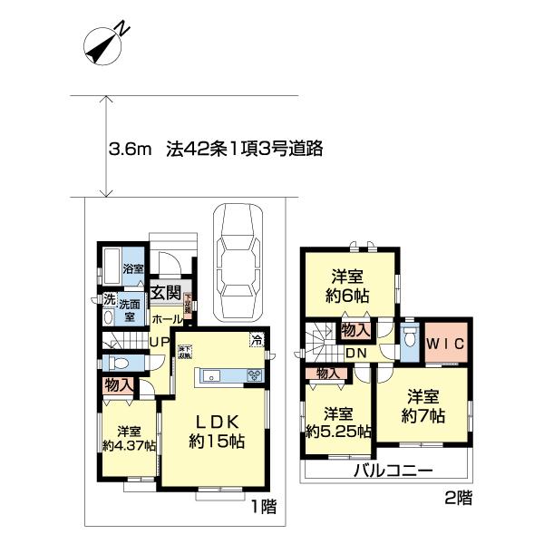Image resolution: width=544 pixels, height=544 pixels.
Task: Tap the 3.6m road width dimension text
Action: (x=128, y=148)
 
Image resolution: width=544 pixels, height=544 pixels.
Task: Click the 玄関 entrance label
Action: (x=164, y=292)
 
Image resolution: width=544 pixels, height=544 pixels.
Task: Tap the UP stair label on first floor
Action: (x=159, y=342)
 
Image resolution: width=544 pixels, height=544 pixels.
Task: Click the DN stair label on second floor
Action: (x=355, y=353)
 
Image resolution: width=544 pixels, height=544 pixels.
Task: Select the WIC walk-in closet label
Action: (x=445, y=344)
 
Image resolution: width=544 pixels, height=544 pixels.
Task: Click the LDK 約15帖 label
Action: (x=215, y=432)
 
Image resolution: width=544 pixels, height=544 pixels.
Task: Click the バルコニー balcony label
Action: (x=391, y=471)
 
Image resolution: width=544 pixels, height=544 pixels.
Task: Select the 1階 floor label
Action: (x=262, y=507)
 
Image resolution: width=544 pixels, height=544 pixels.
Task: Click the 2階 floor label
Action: (x=458, y=497)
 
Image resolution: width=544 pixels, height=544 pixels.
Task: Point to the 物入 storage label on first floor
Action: (x=121, y=385)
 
